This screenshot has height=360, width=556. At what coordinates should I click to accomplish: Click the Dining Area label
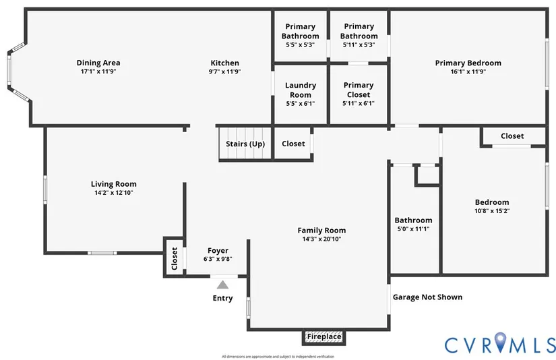[x=98, y=63]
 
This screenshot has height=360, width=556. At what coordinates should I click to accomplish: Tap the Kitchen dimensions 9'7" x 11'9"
[x=224, y=71]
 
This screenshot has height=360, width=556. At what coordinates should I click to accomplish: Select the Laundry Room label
[x=301, y=90]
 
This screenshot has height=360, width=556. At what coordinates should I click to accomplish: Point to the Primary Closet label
[x=359, y=90]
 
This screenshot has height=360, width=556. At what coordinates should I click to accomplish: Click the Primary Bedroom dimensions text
[x=468, y=71]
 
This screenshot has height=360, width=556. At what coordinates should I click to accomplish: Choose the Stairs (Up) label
[x=245, y=144]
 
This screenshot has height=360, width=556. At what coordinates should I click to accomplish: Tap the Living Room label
[x=114, y=184]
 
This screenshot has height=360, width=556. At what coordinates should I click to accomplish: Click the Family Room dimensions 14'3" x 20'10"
[x=321, y=239]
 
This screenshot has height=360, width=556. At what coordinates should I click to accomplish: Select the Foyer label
[x=218, y=250]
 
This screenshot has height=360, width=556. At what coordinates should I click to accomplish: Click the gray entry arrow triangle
[x=222, y=285]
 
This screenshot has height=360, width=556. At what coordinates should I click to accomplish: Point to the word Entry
[x=222, y=298]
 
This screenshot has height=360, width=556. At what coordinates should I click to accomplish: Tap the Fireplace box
[x=324, y=336]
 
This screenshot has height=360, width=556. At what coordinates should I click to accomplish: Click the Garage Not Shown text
[x=427, y=297]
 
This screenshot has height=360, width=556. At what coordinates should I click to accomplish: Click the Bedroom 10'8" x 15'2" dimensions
[x=492, y=211]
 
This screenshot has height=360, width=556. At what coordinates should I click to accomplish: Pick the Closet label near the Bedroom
[x=512, y=136]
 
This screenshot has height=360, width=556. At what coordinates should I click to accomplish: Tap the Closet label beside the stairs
[x=293, y=144]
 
